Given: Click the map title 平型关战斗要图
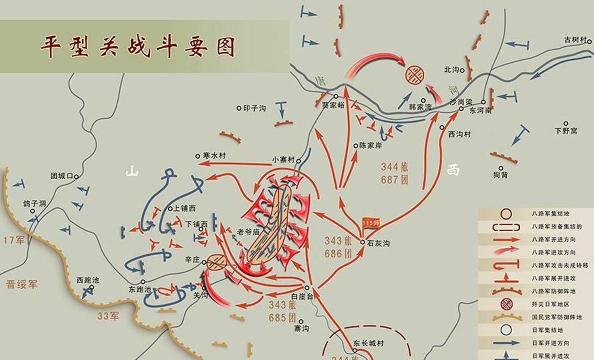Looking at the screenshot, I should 138,47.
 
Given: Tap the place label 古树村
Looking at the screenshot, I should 577,40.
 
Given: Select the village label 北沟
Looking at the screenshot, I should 452,69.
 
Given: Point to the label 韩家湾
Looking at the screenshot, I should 421,107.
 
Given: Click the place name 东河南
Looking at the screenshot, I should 480,112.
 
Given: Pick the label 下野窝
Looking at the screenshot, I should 566,131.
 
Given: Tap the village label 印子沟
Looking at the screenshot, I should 256,108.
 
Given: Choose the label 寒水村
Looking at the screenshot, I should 214,156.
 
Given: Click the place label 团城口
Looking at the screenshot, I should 60,176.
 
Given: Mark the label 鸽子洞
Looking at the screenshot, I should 35,203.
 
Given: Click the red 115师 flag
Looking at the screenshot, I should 371,223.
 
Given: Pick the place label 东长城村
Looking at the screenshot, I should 369,344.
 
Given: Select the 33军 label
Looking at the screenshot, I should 109,316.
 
